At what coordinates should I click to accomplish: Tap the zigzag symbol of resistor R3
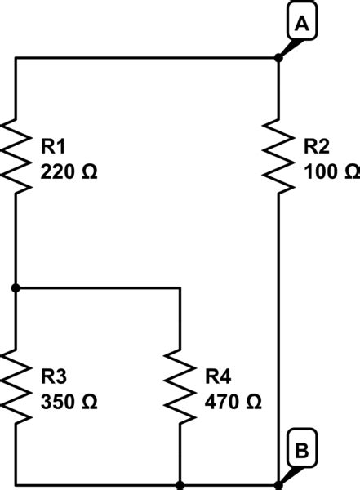(16, 385)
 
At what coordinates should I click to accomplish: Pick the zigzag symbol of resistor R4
(180, 385)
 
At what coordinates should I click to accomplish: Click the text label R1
(55, 147)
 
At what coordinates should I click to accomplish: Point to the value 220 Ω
(69, 173)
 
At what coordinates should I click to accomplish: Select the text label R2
(317, 147)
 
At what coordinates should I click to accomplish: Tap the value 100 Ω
(330, 173)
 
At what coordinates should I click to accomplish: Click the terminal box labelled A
(301, 26)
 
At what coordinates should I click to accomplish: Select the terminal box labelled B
(301, 450)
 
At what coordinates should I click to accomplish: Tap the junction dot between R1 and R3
(16, 287)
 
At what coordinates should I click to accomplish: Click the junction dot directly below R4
(180, 484)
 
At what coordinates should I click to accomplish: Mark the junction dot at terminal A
(278, 58)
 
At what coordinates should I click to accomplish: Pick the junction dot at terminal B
(278, 484)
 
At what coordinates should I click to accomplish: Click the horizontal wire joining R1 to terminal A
(147, 58)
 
